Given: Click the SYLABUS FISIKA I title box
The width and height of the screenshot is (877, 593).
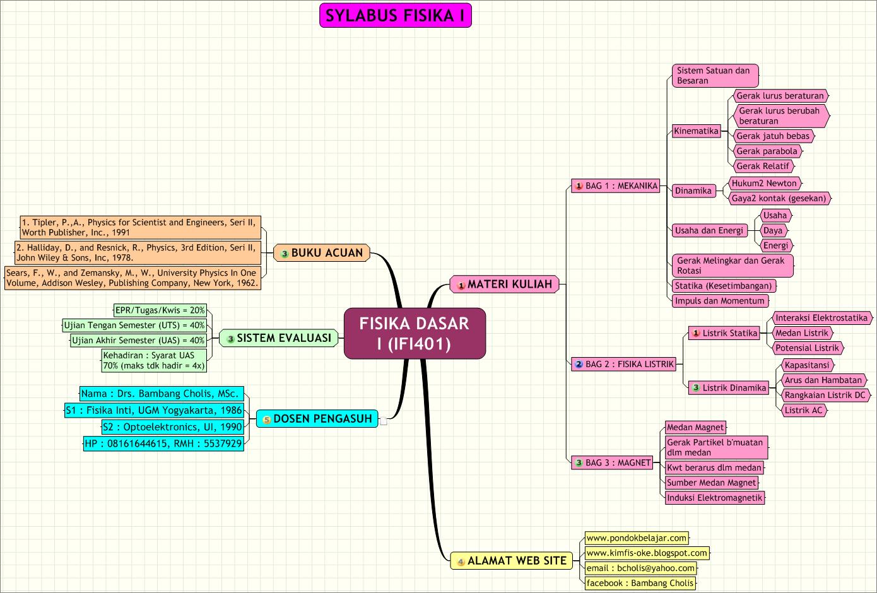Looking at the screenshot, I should point(396,16).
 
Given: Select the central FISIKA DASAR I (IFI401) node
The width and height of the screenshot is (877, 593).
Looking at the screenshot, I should point(415,334).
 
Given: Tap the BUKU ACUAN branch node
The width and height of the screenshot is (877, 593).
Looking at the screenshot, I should point(322,253).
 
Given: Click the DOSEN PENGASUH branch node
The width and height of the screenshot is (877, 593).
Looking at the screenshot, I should point(317,419).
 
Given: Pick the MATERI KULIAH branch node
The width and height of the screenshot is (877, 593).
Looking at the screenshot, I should point(504,285).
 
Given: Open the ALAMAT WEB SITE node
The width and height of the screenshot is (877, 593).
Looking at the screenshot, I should point(510,561).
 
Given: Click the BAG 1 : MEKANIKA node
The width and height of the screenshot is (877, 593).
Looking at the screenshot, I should point(616,186).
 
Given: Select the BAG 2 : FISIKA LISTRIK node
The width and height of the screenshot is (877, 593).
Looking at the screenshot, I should point(624,364).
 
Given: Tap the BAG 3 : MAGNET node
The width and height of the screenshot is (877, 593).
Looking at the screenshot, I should point(612,463).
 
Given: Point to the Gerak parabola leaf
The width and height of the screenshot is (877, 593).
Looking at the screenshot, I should point(767,151).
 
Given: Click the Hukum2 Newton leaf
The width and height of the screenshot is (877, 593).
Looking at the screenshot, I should point(764,184).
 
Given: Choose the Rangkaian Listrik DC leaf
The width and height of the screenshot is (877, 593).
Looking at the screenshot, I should point(825,396).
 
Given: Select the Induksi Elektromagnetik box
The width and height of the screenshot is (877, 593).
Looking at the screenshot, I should point(715,498).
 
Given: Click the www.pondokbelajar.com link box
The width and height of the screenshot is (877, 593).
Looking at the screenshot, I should point(637,538).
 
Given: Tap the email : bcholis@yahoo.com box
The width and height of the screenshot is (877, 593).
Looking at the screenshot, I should point(640,568).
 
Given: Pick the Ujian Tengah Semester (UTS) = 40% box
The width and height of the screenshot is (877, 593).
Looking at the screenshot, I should point(134,326).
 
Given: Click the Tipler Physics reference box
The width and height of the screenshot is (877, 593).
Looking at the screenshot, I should point(139,227).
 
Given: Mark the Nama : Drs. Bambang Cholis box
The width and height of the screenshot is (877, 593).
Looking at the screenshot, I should point(161,394).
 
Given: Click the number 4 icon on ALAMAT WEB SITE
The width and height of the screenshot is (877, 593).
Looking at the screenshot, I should point(461,561).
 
